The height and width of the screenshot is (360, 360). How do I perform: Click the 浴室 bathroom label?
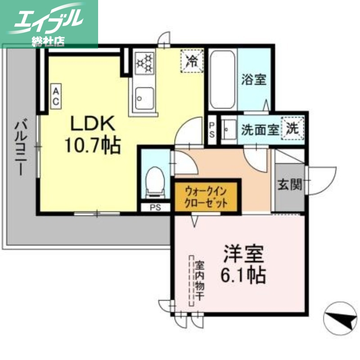(253, 80)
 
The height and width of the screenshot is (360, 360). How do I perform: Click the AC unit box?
(56, 96)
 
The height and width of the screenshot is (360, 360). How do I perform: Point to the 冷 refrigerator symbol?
(192, 60)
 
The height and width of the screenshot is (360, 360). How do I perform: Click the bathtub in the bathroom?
(223, 80)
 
